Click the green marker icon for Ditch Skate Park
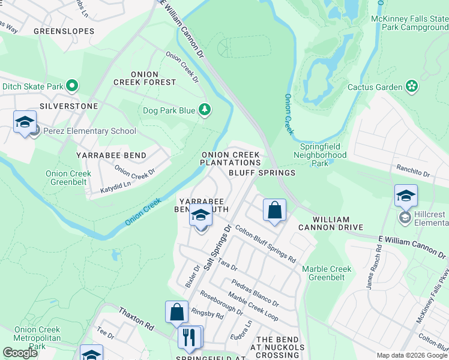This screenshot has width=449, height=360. pyautogui.click(x=72, y=86)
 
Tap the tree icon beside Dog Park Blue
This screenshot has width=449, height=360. pyautogui.click(x=205, y=110)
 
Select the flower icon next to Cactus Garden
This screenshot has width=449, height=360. pyautogui.click(x=412, y=87)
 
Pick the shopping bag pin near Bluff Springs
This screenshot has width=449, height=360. pyautogui.click(x=274, y=211)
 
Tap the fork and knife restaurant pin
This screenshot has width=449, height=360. pyautogui.click(x=191, y=337)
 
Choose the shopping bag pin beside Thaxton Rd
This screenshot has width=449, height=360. pyautogui.click(x=176, y=312)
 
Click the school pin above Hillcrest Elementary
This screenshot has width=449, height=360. pyautogui.click(x=406, y=196)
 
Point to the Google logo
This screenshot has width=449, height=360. pyautogui.click(x=20, y=353)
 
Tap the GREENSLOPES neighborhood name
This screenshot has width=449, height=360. pyautogui.click(x=64, y=31)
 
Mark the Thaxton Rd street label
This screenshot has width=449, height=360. pyautogui.click(x=136, y=318)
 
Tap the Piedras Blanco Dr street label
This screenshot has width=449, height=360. pyautogui.click(x=255, y=292)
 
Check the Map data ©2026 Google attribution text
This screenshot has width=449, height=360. pyautogui.click(x=412, y=355)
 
